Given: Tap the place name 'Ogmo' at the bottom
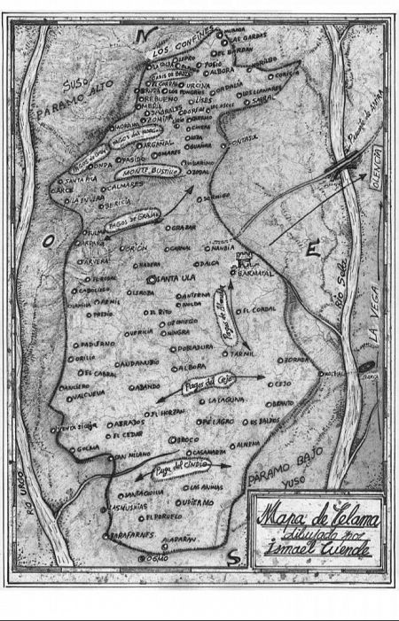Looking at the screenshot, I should click(158, 559).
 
